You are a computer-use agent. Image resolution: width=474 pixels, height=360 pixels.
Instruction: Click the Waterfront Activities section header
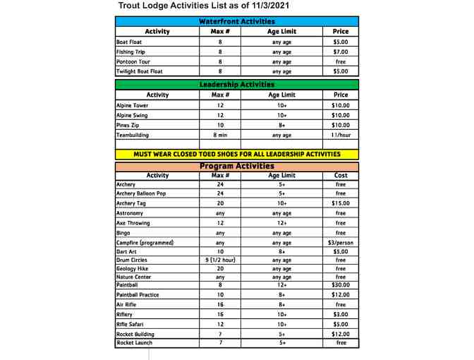pyautogui.click(x=237, y=22)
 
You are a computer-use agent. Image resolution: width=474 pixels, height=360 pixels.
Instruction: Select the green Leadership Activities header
pyautogui.click(x=237, y=85)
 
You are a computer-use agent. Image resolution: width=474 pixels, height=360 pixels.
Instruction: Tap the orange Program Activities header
pyautogui.click(x=237, y=167)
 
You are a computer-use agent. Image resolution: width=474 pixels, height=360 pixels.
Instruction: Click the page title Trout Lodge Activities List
pyautogui.click(x=204, y=6)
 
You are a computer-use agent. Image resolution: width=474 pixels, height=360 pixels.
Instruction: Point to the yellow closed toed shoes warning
pyautogui.click(x=237, y=154)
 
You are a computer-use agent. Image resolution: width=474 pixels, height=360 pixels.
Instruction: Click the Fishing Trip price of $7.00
pyautogui.click(x=341, y=52)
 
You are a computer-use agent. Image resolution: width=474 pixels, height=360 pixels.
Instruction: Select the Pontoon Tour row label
pyautogui.click(x=133, y=61)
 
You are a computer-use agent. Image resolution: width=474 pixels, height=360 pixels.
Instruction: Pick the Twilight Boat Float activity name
pyautogui.click(x=140, y=71)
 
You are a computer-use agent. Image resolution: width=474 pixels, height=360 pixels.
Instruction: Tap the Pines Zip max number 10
pyautogui.click(x=220, y=125)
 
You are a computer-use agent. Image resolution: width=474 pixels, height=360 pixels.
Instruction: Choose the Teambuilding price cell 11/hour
pyautogui.click(x=341, y=135)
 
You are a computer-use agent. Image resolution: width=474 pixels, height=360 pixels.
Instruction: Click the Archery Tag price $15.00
pyautogui.click(x=341, y=203)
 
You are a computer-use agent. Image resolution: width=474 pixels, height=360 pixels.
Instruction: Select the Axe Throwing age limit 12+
pyautogui.click(x=281, y=223)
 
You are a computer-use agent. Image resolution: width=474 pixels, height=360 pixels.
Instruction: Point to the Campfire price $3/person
pyautogui.click(x=341, y=243)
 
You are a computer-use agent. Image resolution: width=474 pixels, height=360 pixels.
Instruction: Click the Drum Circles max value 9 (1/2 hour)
pyautogui.click(x=220, y=260)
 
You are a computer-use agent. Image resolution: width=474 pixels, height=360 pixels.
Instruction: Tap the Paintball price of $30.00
pyautogui.click(x=341, y=285)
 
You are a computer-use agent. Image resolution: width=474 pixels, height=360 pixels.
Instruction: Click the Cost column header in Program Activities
pyautogui.click(x=341, y=176)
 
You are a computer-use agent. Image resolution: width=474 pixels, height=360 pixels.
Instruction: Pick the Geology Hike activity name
pyautogui.click(x=134, y=268)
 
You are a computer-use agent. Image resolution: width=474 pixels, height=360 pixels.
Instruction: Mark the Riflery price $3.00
pyautogui.click(x=341, y=315)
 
